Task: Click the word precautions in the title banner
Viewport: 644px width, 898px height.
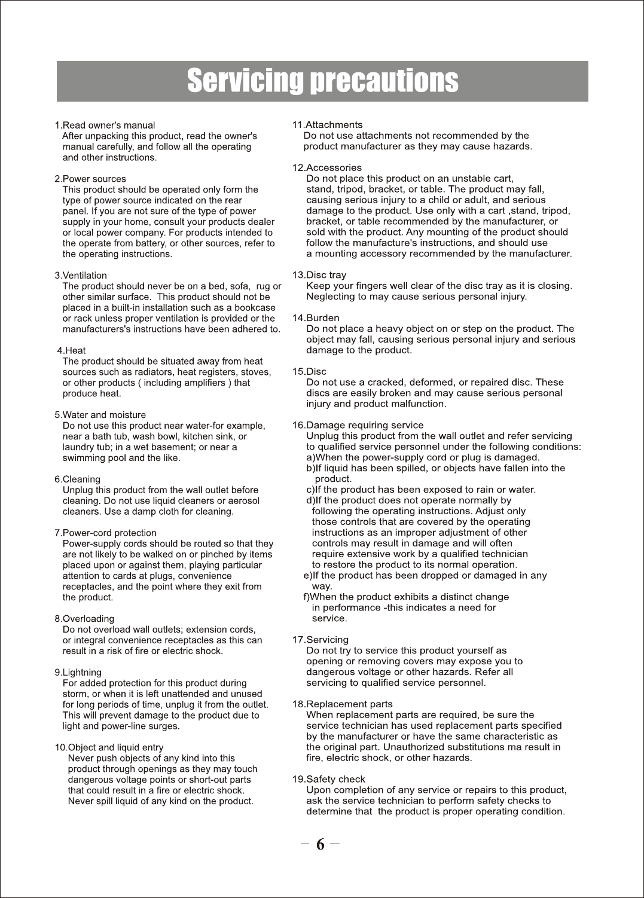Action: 386,82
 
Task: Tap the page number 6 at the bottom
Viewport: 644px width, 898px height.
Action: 321,844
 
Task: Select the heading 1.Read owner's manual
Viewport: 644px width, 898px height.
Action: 105,126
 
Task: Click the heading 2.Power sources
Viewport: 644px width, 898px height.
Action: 90,179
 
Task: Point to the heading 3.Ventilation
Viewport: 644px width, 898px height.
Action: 81,276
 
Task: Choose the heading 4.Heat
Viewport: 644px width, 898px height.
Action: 71,350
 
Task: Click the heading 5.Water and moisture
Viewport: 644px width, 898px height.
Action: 100,415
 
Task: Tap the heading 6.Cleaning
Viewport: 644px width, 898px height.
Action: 78,479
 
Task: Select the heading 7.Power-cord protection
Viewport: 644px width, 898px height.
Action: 105,533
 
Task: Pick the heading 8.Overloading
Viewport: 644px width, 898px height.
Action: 84,619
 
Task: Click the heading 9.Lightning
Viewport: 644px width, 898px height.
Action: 78,673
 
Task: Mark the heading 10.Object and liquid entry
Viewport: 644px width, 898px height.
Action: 109,748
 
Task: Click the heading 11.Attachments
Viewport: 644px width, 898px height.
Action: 327,125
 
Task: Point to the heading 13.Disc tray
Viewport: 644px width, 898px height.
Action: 319,275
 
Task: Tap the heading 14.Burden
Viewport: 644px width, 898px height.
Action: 315,318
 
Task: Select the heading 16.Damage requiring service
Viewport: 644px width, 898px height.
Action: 358,426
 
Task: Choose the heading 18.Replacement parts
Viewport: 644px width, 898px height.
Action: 342,704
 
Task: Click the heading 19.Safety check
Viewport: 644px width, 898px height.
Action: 328,780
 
